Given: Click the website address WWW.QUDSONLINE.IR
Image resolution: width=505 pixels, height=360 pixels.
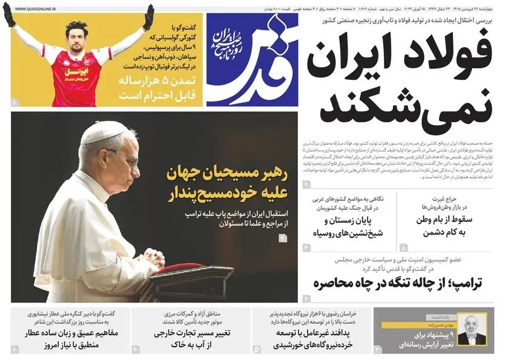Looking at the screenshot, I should (x=36, y=10).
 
